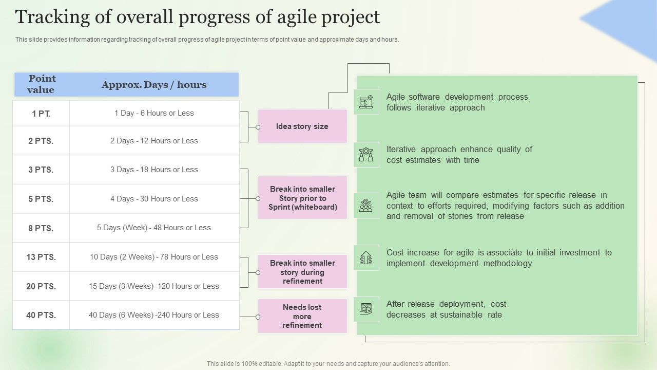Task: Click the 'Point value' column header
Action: pyautogui.click(x=42, y=84)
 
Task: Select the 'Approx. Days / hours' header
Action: pyautogui.click(x=154, y=85)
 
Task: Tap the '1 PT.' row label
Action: pyautogui.click(x=41, y=114)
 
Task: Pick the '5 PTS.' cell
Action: pyautogui.click(x=41, y=199)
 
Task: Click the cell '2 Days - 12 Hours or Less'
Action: pyautogui.click(x=154, y=141)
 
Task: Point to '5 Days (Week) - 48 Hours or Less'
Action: pyautogui.click(x=154, y=228)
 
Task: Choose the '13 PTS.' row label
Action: pyautogui.click(x=41, y=257)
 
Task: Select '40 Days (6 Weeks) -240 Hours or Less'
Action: pyautogui.click(x=154, y=315)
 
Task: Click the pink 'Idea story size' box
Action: pyautogui.click(x=302, y=126)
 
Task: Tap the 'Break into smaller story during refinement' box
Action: pyautogui.click(x=302, y=272)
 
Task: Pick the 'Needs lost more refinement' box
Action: pyautogui.click(x=302, y=316)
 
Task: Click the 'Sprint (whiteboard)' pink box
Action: pyautogui.click(x=302, y=198)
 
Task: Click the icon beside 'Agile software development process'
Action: pyautogui.click(x=366, y=102)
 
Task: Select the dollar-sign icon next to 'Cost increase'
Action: pyautogui.click(x=366, y=257)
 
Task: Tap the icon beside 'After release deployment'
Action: pyautogui.click(x=366, y=309)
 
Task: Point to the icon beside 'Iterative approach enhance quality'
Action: pyautogui.click(x=366, y=154)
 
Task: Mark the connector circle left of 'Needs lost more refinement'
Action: pyautogui.click(x=258, y=317)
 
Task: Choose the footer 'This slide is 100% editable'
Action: pyautogui.click(x=328, y=363)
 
